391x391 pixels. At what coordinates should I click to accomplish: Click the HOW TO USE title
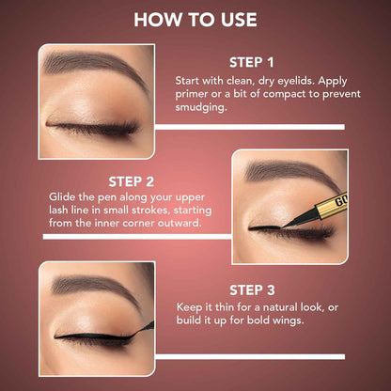point(195,21)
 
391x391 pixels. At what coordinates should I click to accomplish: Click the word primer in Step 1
point(196,95)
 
